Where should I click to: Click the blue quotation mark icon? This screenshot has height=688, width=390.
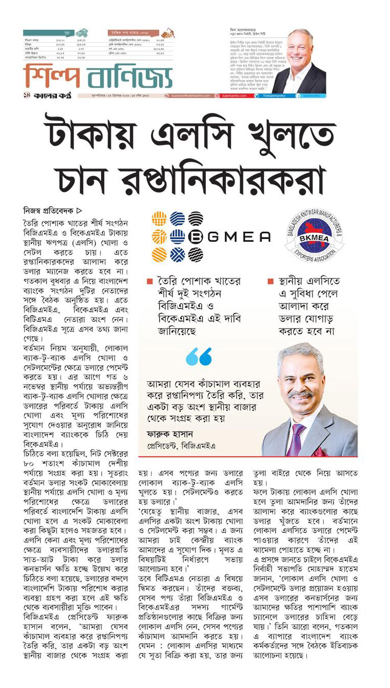click(x=199, y=356)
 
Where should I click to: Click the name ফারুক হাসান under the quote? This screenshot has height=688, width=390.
click(x=165, y=432)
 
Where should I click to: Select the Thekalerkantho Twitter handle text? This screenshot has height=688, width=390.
click(x=277, y=95)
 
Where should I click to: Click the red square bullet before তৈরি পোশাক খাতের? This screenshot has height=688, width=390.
click(x=149, y=281)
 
